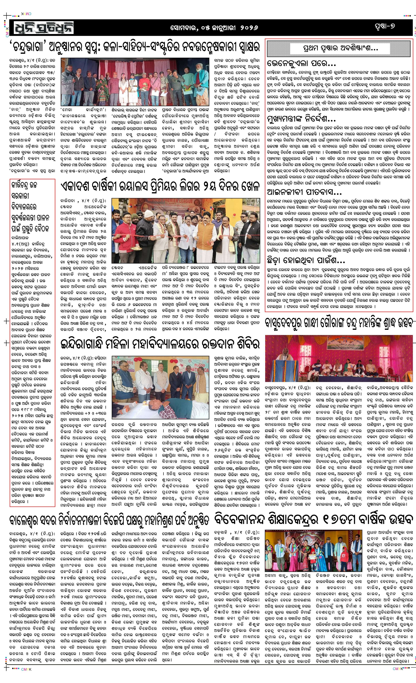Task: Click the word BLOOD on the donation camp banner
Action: point(200,365)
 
